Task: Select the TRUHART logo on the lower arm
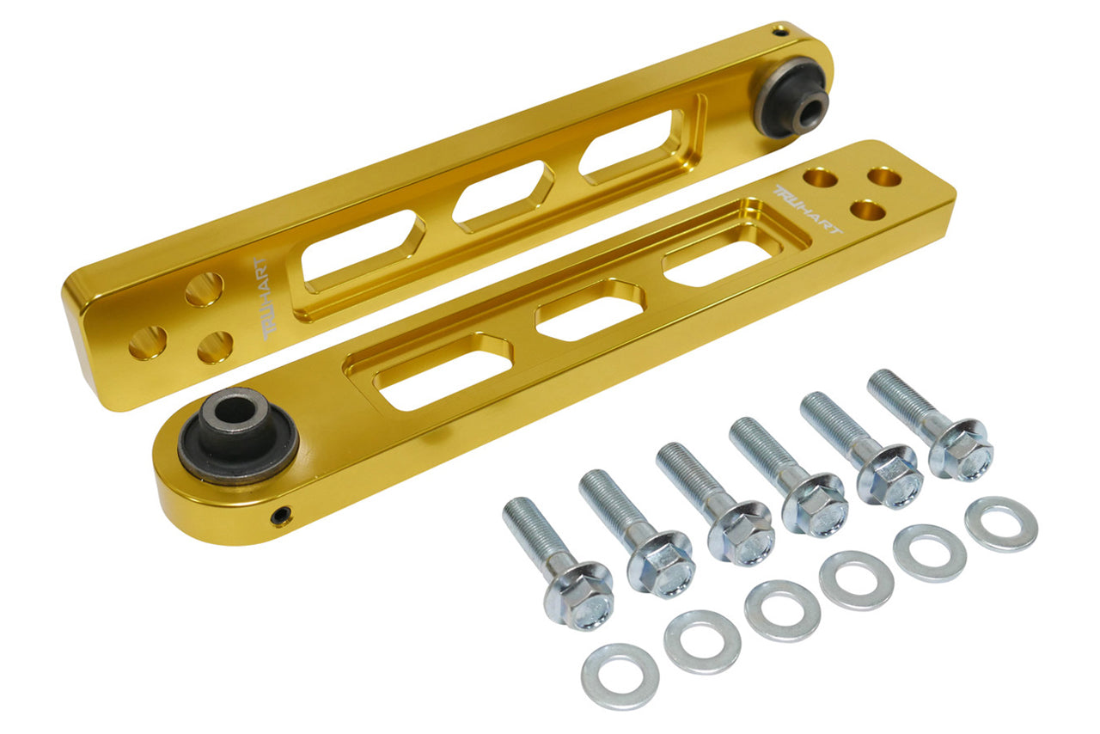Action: coord(807,210)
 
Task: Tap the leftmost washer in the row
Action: coord(620,676)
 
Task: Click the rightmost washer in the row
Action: coord(1001,524)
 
